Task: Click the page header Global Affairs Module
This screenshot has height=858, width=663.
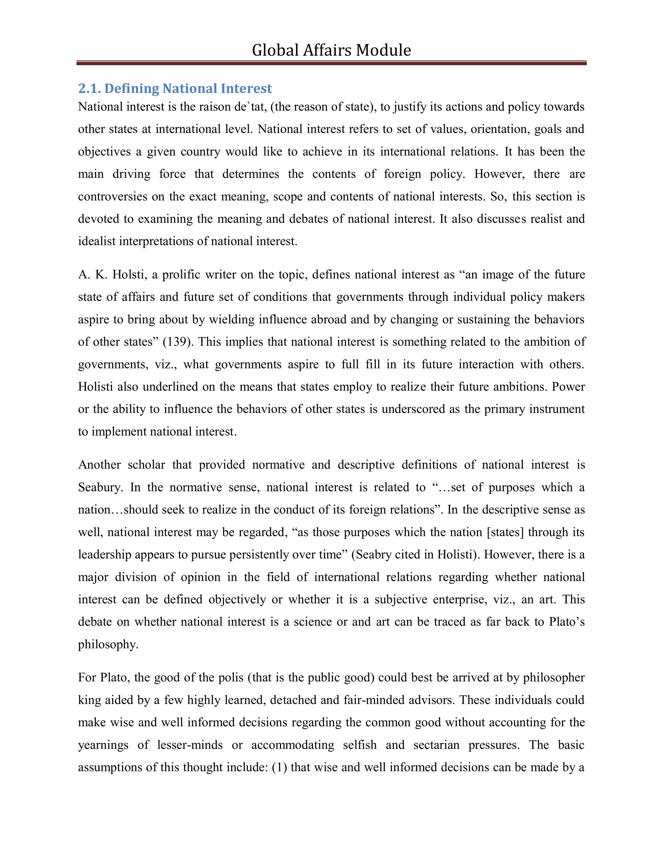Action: (x=331, y=50)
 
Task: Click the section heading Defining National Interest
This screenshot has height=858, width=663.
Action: (x=188, y=88)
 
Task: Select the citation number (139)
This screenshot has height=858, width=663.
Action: (x=178, y=342)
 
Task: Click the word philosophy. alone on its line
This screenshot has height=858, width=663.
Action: (x=108, y=645)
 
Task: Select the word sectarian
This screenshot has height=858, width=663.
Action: (x=436, y=745)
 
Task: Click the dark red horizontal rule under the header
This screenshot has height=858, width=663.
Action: (x=331, y=63)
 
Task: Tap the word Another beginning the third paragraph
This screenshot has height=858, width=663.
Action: (x=99, y=465)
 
